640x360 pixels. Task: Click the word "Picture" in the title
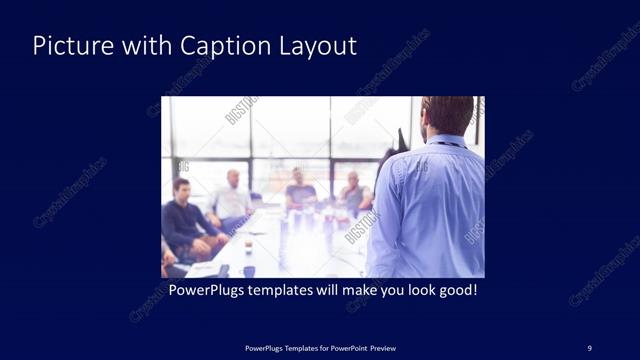[x=65, y=46]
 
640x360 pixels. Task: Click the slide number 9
[x=589, y=347]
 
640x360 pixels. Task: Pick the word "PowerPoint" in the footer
[x=347, y=347]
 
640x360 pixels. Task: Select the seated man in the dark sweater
[x=185, y=225]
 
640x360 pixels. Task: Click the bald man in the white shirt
[x=233, y=200]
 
